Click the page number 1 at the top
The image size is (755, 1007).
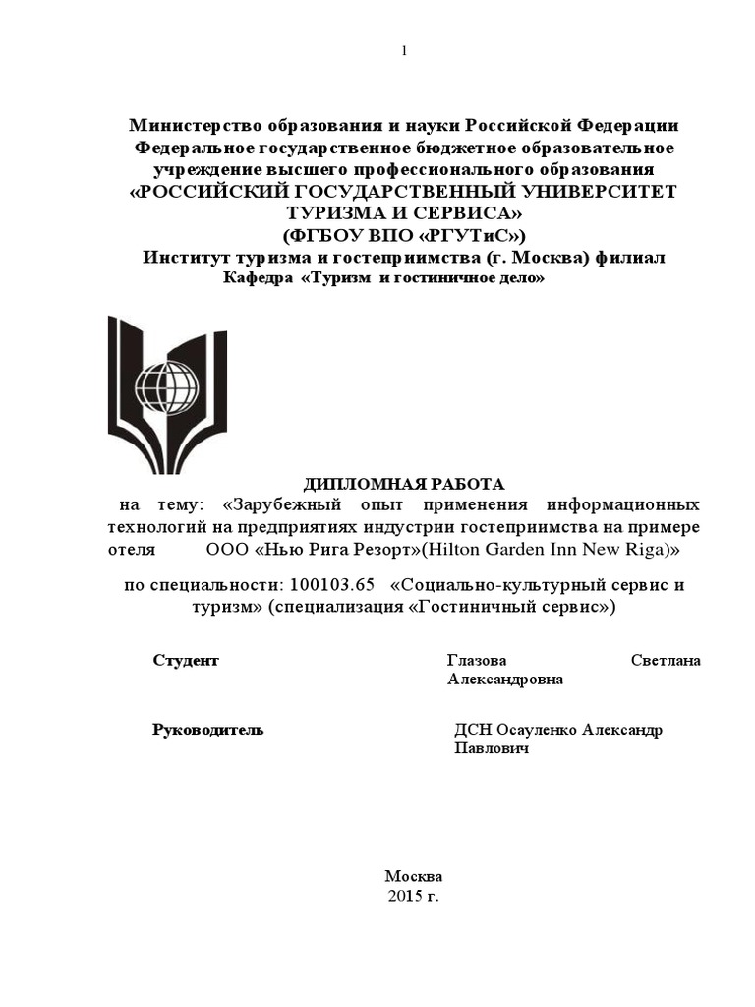(403, 51)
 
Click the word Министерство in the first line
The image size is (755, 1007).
(196, 126)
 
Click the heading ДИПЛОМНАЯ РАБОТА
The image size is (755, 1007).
(403, 484)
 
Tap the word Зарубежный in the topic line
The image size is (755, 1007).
(284, 505)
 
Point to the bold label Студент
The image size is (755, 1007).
(186, 660)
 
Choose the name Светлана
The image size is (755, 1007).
(665, 660)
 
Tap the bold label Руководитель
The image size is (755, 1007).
(208, 730)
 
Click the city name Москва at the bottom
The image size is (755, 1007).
(414, 876)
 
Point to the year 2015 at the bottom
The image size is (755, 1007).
(404, 897)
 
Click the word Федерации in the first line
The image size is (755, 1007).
(625, 126)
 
